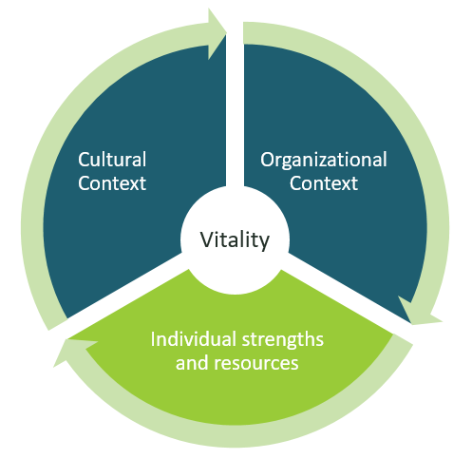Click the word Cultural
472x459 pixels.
coord(112,160)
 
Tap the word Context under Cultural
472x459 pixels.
coord(112,183)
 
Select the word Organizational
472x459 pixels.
coord(324,161)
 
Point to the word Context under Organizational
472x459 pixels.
coord(324,183)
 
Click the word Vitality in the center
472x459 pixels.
coord(235,240)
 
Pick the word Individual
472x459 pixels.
coord(195,339)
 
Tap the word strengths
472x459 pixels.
coord(283,340)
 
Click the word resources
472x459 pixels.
coord(256,363)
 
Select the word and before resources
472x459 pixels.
coord(193,362)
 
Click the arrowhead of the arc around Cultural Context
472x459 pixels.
coord(217,33)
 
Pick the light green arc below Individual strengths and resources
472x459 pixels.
coord(235,435)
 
